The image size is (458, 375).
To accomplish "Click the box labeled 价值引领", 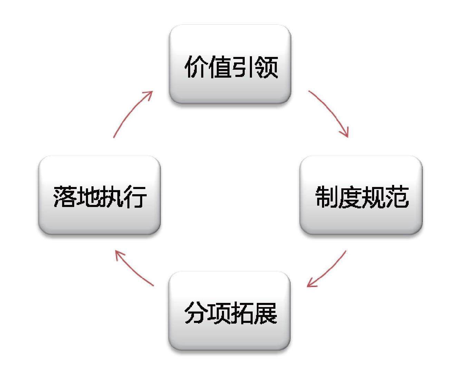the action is coord(230,64).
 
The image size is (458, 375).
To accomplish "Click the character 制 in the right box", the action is coord(326,197).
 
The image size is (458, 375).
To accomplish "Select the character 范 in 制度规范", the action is coord(397,197).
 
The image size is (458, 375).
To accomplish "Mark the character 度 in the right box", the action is coord(350,197).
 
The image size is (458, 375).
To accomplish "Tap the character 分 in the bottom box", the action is coord(195,313).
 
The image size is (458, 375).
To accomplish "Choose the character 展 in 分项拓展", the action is coord(266,313).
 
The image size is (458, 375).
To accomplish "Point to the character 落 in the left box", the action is coord(65,197).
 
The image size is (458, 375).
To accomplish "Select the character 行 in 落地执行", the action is coord(135,197).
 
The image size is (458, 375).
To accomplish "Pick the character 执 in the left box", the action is coord(111,197).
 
